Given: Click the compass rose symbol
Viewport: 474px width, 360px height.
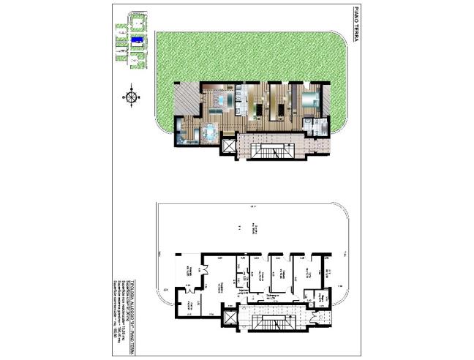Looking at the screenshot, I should pos(132,96).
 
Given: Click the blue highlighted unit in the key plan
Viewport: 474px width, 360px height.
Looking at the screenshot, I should pos(136,41).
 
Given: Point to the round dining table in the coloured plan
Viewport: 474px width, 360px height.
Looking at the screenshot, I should pos(210,132).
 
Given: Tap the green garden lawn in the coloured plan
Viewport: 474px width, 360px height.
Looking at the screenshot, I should pos(241,55).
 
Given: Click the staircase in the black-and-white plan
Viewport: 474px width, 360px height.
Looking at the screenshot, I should pos(271,323).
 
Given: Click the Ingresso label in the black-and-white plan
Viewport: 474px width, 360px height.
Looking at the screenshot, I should pos(240,292).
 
